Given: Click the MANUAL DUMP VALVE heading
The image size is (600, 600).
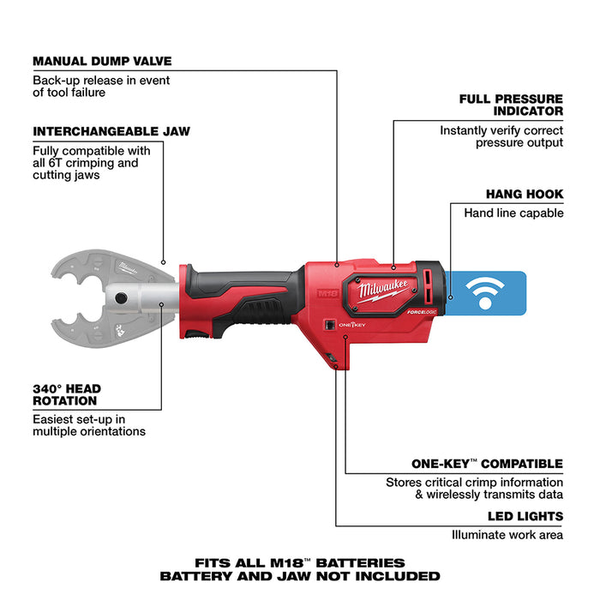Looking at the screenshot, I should tap(102, 61).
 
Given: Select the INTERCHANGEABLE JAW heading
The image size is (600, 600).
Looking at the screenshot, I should tap(111, 131).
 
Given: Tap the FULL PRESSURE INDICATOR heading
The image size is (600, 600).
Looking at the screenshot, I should tap(511, 105).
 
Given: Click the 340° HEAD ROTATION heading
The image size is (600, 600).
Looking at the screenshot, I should tap(76, 393).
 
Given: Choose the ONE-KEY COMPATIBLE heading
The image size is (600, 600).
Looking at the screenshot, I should tap(486, 464).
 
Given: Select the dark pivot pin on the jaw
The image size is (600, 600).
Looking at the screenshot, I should tap(121, 299).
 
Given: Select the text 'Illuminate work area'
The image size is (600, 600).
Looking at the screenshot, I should tap(507, 535).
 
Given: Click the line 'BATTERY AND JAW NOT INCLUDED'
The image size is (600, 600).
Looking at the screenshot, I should tap(299, 576).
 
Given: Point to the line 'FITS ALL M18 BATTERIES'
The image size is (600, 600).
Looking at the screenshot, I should tap(299, 562).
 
